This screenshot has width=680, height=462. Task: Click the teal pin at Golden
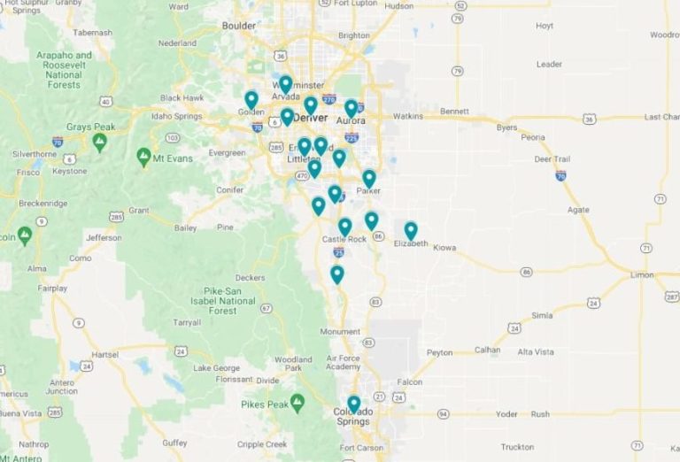[x=251, y=99]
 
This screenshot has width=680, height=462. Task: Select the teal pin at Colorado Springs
[x=354, y=404]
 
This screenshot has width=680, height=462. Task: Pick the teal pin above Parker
[x=369, y=178]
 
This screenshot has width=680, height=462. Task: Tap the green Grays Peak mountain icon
[x=100, y=141]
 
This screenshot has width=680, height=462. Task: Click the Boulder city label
[x=239, y=26]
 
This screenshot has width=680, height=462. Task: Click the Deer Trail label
[x=555, y=159]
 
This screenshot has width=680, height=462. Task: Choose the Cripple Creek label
[x=263, y=444]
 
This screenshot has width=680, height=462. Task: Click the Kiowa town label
[x=444, y=248]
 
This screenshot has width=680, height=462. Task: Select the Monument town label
[x=337, y=332]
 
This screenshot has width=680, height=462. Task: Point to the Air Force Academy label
[x=343, y=361]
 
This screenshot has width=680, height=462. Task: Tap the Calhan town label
[x=488, y=350]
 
